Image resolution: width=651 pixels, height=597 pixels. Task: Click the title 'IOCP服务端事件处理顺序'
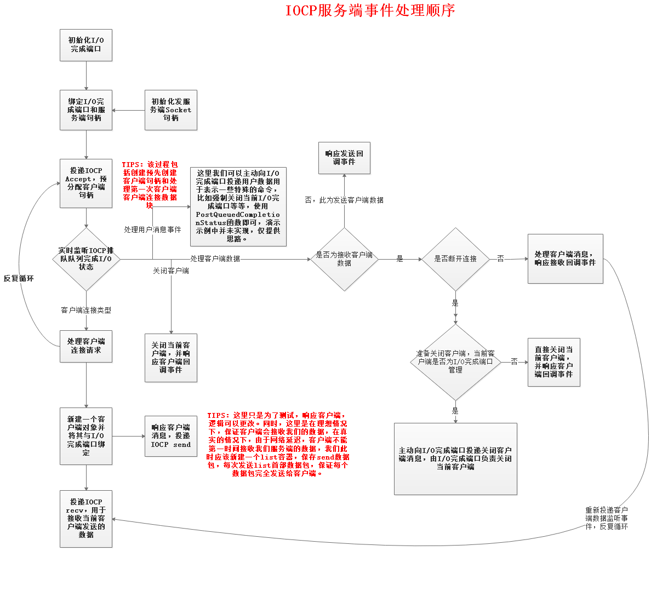coord(370,10)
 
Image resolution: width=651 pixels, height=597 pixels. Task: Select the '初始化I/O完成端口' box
coord(86,45)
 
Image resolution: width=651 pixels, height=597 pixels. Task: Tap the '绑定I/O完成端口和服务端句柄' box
coord(86,110)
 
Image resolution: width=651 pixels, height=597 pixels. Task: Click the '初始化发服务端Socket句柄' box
coord(171,110)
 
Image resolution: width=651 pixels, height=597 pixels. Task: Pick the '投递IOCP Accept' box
coord(86,183)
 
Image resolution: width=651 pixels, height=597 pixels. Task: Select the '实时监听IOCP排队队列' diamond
coord(86,259)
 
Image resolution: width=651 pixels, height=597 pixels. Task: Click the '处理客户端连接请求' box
coord(86,346)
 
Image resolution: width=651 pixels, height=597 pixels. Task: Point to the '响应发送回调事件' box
coord(344,158)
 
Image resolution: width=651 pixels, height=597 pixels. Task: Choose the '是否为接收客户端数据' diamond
coord(344,259)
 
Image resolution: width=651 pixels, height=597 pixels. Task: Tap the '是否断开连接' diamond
coord(455,259)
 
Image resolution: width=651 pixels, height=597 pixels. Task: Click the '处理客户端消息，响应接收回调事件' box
coord(565,259)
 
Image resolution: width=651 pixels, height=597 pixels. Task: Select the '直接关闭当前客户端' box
coord(553,362)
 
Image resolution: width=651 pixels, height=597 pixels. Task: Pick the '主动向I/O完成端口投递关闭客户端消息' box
coord(455,459)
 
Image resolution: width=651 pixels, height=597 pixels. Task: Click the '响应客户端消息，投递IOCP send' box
coord(171,436)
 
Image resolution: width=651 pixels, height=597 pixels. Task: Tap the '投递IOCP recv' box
coord(86,519)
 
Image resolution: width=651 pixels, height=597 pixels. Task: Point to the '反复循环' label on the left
coord(19,279)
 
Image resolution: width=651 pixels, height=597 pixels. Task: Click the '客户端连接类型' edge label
coord(86,311)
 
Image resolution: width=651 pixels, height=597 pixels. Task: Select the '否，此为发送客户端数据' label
coord(344,200)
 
